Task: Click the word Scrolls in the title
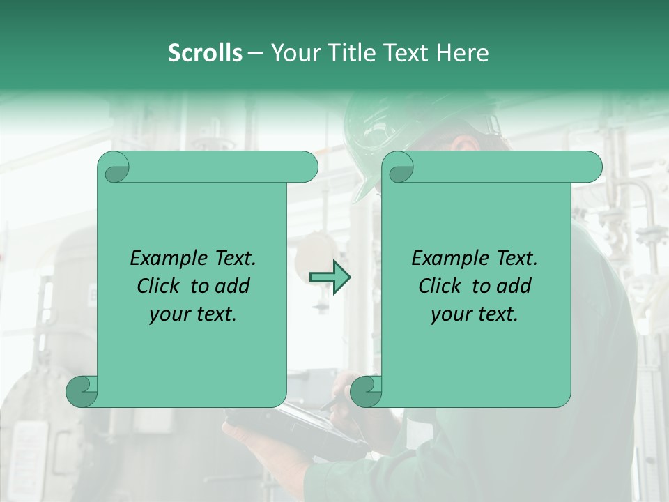click(x=205, y=53)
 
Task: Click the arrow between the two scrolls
click(x=330, y=277)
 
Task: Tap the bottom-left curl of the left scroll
click(x=82, y=391)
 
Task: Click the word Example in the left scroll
click(x=168, y=259)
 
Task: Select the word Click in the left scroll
click(x=158, y=286)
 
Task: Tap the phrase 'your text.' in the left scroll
click(x=193, y=314)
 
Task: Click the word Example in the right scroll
click(x=449, y=259)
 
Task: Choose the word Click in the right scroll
click(x=440, y=286)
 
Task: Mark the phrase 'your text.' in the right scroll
click(x=475, y=314)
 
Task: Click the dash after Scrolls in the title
click(x=255, y=53)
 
